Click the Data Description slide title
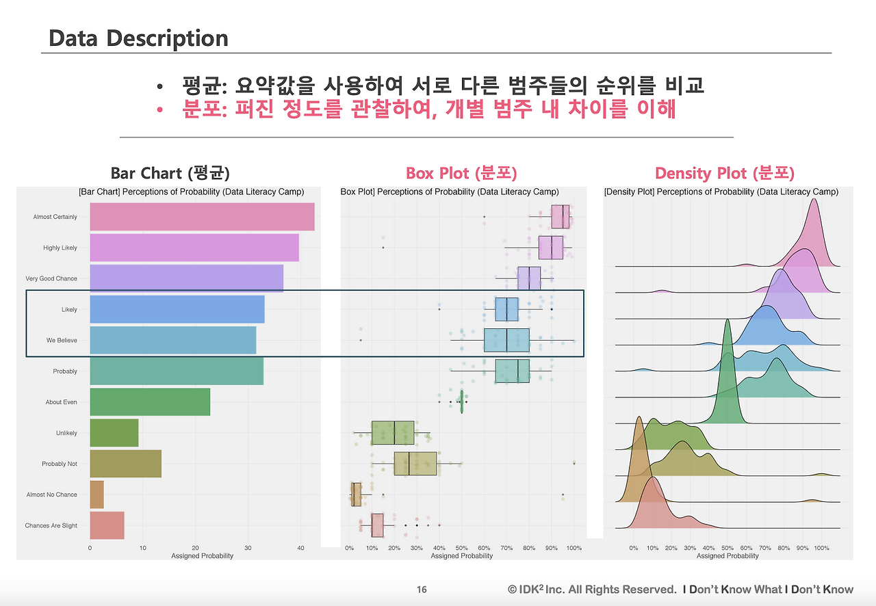(x=138, y=38)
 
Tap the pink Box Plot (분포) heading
(x=461, y=173)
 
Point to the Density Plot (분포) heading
(x=724, y=173)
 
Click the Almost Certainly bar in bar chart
(x=202, y=217)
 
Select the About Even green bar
(x=150, y=402)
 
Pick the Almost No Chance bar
(x=96, y=495)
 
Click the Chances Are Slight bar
(x=107, y=525)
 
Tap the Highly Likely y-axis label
(x=60, y=248)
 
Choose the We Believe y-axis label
(x=62, y=340)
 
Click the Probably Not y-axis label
(x=60, y=464)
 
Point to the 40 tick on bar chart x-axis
(x=300, y=548)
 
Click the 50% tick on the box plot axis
(x=461, y=548)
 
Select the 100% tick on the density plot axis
(x=821, y=548)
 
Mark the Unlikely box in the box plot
(x=393, y=433)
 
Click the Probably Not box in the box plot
(x=415, y=464)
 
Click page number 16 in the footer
(x=422, y=590)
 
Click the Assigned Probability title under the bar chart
(x=202, y=556)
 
